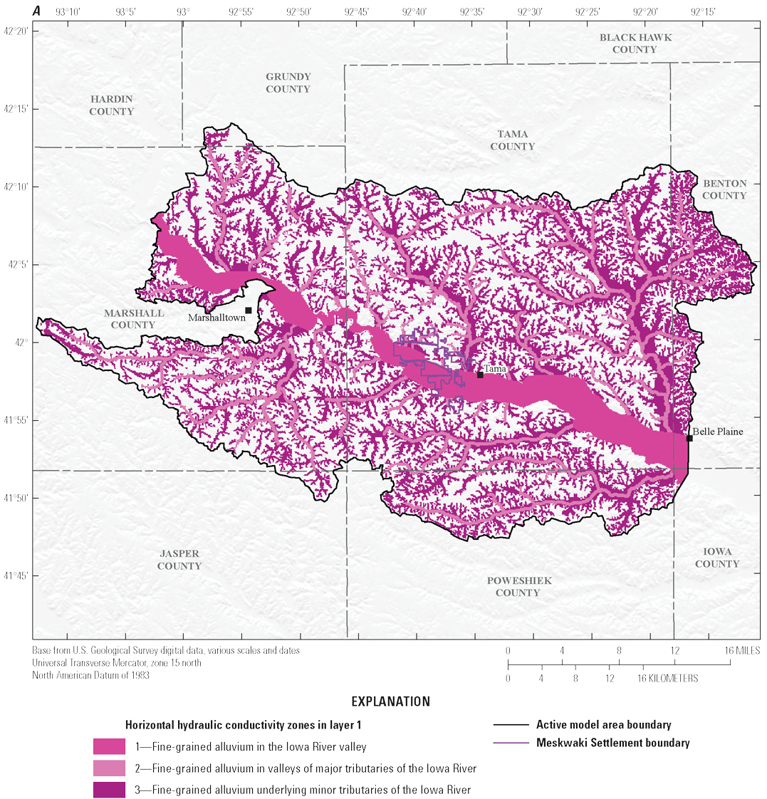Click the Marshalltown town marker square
[x=249, y=310]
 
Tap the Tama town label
[x=495, y=368]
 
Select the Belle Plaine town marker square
[x=689, y=438]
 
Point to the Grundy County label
[x=288, y=83]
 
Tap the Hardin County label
[x=112, y=105]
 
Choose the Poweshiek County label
[x=518, y=587]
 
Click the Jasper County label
[x=179, y=560]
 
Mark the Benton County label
[x=724, y=189]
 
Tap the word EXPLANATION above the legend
[x=384, y=701]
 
